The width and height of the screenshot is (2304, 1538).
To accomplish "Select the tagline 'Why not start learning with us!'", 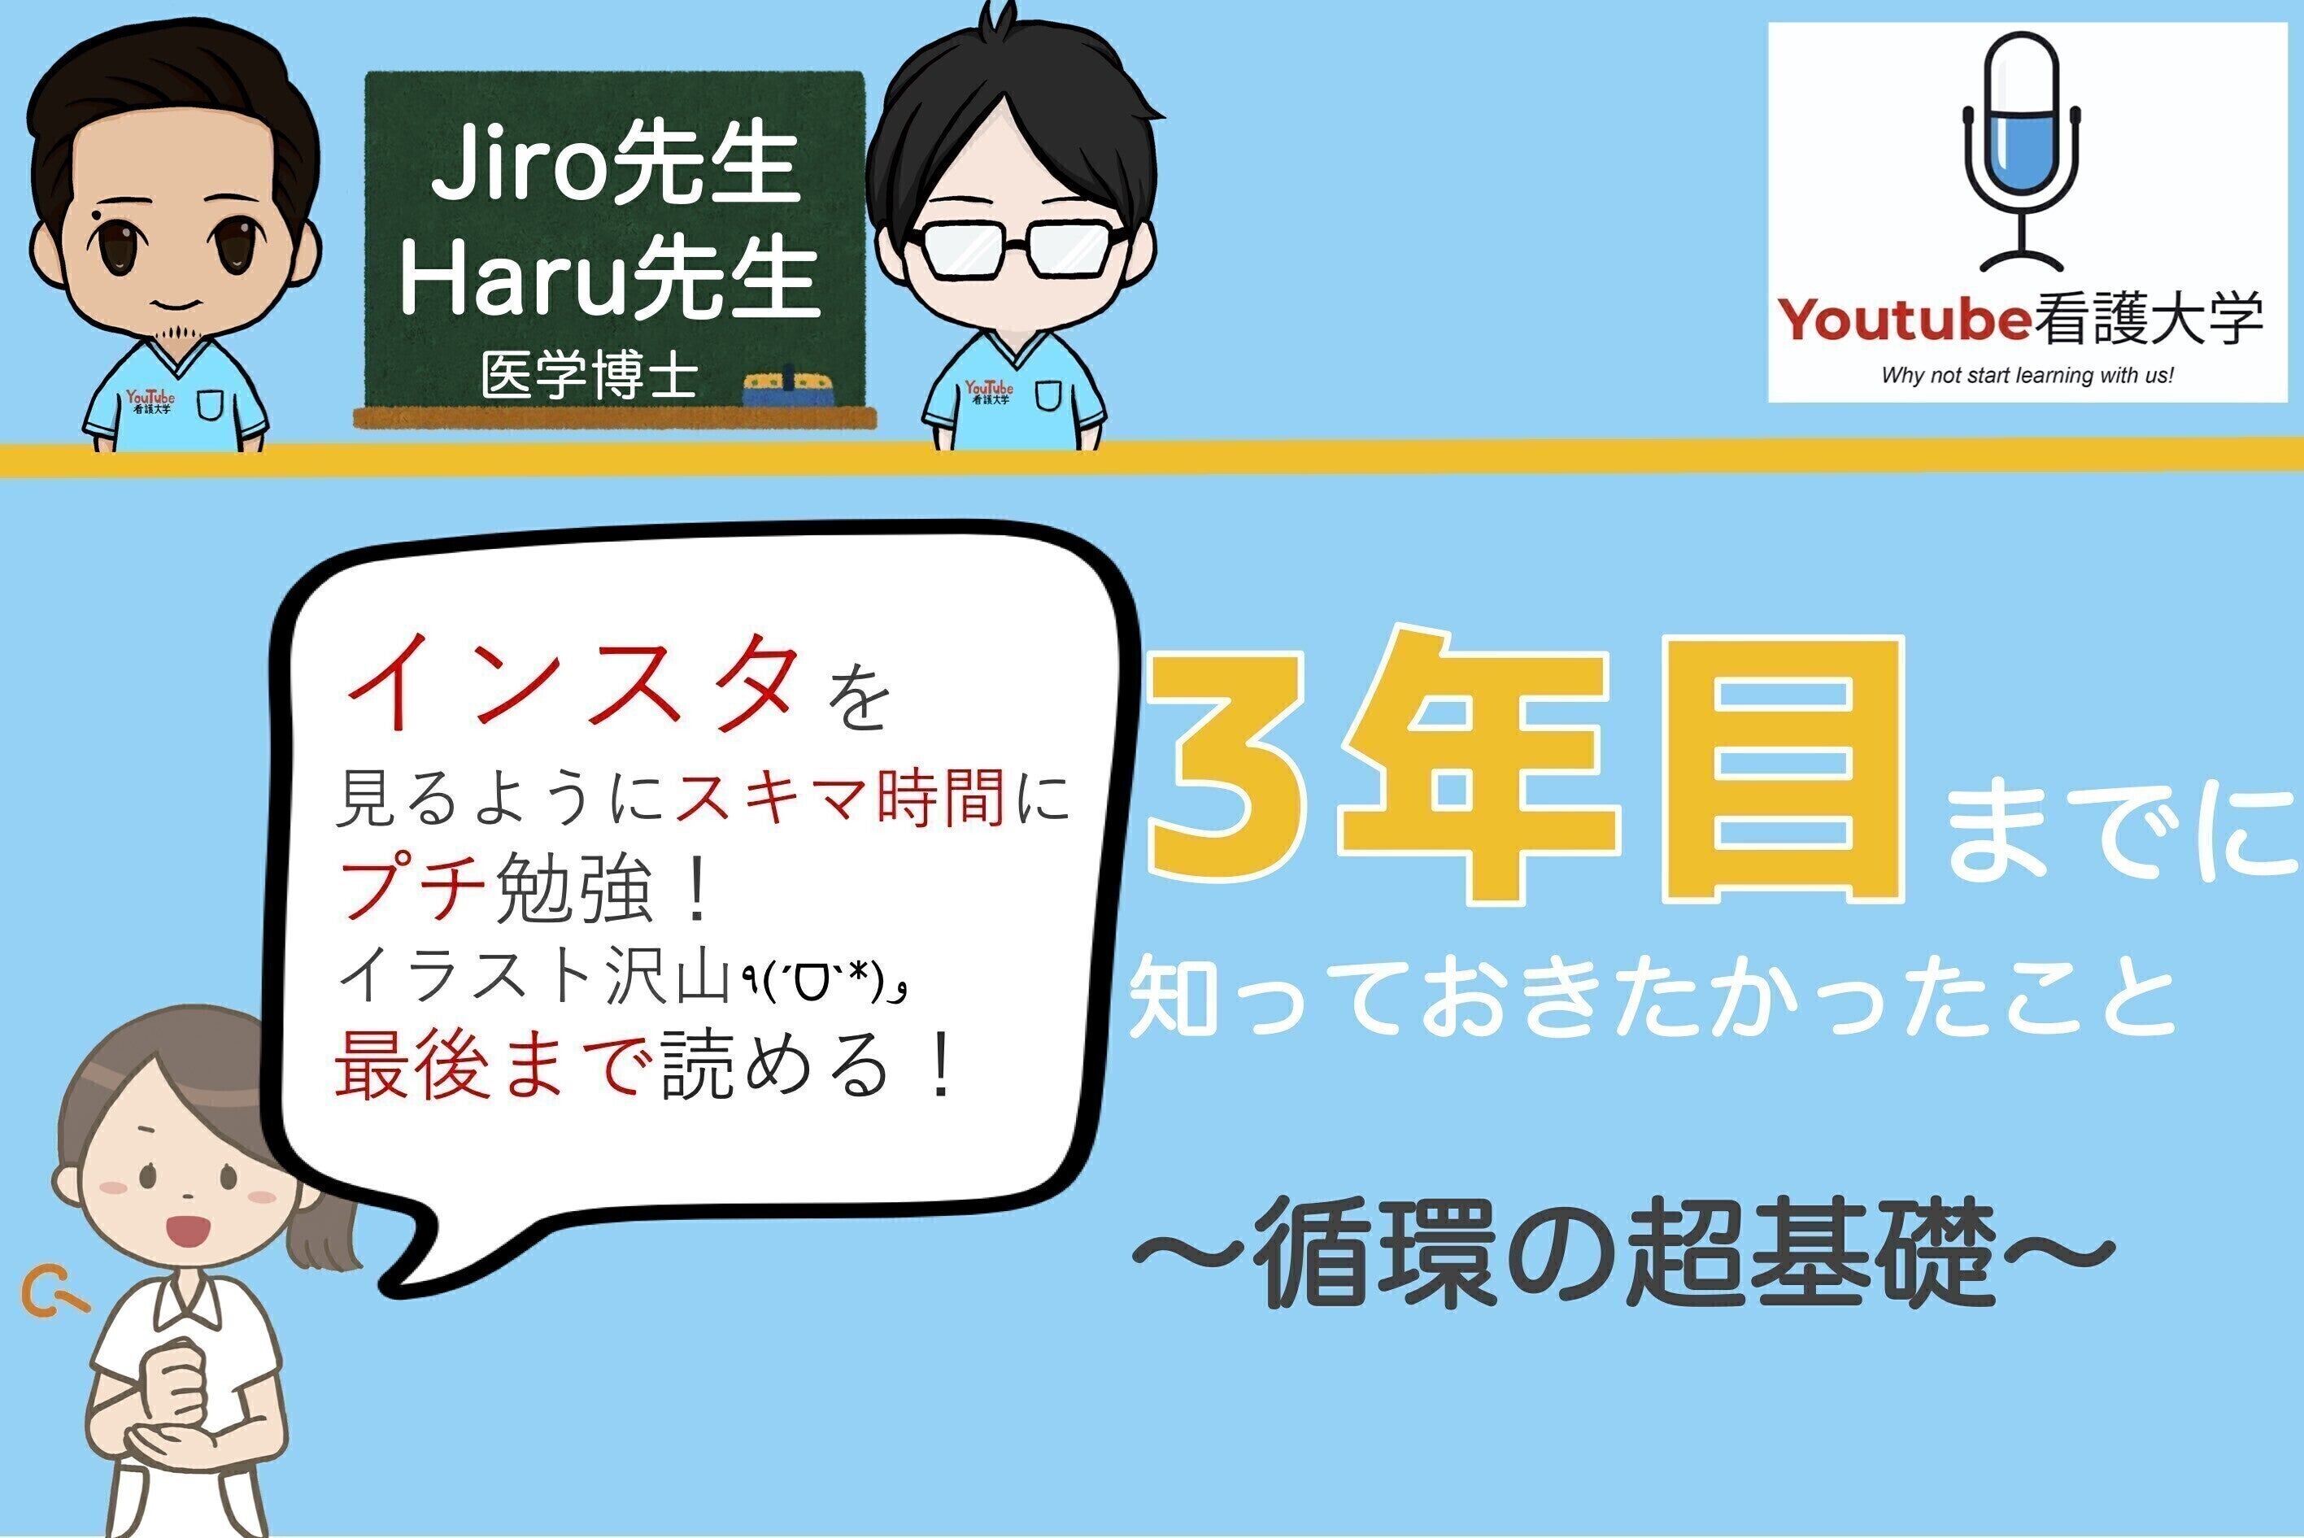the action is tap(2027, 375).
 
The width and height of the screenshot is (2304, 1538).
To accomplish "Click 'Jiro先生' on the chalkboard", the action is tap(615, 168).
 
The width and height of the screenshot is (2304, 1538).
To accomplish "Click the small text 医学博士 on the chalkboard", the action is tap(590, 375).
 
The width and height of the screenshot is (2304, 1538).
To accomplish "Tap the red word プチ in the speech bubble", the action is tap(412, 887).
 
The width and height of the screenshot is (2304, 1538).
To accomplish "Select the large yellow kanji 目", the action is tap(1782, 770).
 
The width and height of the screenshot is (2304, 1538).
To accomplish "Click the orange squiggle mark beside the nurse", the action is tap(51, 1295).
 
